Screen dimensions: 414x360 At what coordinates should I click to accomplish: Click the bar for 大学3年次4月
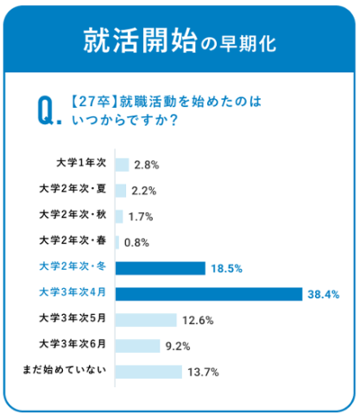click(x=206, y=294)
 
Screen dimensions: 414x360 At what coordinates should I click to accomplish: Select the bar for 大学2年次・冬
click(x=160, y=268)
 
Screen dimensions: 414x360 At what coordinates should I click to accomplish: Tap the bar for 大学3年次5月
click(x=145, y=320)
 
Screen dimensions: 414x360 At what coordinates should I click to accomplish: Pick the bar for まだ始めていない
click(x=148, y=372)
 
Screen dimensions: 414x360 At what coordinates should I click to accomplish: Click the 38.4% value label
click(x=321, y=295)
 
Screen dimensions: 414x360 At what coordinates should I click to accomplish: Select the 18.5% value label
click(x=224, y=269)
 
